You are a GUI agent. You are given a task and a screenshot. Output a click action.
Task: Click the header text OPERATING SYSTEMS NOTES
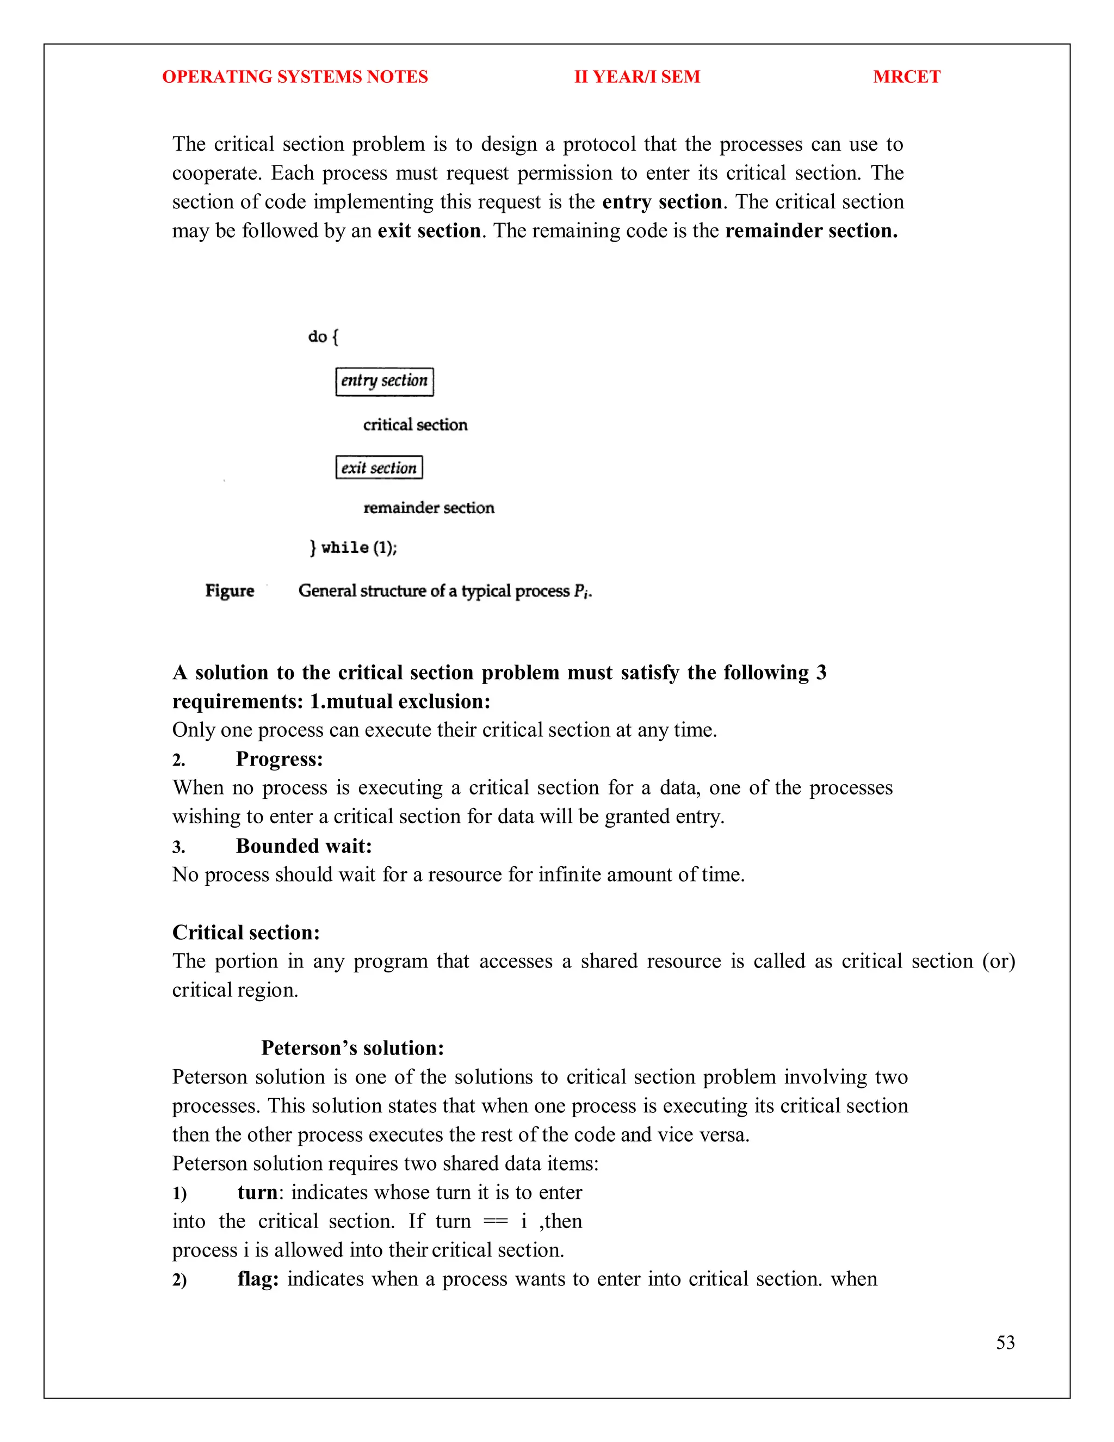[294, 77]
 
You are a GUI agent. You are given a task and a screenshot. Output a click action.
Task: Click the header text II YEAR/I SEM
[637, 77]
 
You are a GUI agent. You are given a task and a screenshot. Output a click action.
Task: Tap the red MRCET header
[906, 77]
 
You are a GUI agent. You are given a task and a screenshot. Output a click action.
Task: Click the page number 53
[1005, 1342]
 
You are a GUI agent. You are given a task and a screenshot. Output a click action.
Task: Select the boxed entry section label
[384, 381]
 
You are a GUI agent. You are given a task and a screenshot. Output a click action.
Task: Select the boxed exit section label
[379, 467]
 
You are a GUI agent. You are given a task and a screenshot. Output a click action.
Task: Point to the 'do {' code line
[323, 337]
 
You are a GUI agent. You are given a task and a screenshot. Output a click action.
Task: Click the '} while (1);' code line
[353, 547]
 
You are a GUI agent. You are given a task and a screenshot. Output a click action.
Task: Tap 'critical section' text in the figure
[415, 424]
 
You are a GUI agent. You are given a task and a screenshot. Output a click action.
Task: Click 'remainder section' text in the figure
[428, 508]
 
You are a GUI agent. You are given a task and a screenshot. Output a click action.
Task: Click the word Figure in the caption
[229, 590]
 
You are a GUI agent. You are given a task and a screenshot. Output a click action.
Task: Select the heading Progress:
[279, 759]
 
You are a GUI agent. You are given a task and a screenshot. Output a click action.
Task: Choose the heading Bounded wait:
[304, 846]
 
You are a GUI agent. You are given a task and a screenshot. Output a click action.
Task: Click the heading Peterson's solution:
[352, 1048]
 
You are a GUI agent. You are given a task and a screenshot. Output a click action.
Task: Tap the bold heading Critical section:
[245, 932]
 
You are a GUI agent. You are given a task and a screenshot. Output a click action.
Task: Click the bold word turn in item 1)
[257, 1192]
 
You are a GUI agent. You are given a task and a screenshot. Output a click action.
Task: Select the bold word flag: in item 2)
[257, 1279]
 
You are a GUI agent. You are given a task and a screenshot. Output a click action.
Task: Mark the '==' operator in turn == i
[496, 1222]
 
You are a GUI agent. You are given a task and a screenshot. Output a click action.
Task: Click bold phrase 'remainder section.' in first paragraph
[811, 230]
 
